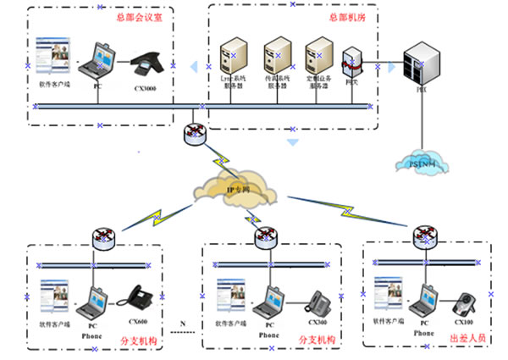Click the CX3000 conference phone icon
click(x=150, y=66)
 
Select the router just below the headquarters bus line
click(x=195, y=133)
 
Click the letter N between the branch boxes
click(x=182, y=324)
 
